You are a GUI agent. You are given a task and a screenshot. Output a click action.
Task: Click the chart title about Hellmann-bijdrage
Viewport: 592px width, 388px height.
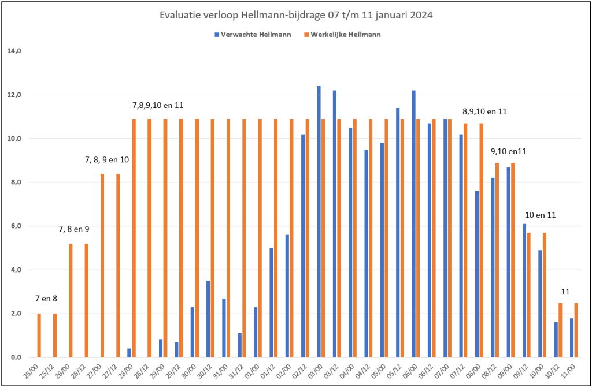[296, 16]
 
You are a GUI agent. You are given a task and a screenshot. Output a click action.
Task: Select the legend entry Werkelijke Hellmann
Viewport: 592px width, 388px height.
[342, 35]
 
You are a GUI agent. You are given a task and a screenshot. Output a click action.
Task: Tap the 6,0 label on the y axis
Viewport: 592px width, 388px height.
[16, 226]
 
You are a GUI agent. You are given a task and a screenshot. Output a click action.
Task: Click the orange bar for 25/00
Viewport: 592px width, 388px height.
[39, 335]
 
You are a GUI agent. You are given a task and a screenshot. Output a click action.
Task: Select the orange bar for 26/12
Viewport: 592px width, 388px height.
[87, 300]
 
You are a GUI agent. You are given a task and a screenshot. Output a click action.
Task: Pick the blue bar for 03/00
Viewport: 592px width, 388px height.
[319, 222]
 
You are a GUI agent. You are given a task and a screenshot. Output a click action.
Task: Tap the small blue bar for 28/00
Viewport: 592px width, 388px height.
[129, 353]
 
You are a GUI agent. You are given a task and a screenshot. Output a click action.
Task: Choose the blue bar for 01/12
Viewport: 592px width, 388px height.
[271, 303]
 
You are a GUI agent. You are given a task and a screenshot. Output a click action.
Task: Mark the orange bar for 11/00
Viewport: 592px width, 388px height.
[576, 330]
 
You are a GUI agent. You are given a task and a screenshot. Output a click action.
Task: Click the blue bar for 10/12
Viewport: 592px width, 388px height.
[556, 339]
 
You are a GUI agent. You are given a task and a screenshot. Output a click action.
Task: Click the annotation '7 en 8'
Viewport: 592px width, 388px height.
[46, 299]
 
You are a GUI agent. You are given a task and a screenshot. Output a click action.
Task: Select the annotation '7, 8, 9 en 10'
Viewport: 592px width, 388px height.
[108, 159]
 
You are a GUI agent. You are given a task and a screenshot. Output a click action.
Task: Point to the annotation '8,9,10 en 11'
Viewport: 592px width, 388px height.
[485, 111]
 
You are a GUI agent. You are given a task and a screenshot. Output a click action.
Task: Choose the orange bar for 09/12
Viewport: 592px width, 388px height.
[529, 295]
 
